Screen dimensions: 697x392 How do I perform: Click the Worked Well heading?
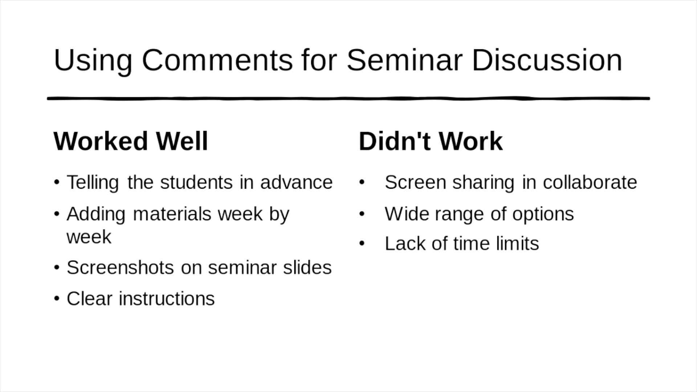click(x=131, y=141)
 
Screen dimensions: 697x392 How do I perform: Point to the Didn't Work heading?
click(x=431, y=141)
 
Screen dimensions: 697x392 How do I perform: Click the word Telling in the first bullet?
click(x=93, y=183)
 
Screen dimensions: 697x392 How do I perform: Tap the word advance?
click(x=296, y=182)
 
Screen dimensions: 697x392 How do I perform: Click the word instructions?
click(x=167, y=299)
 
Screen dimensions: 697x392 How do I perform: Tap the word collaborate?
click(x=590, y=182)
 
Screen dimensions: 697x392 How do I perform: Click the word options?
click(x=543, y=214)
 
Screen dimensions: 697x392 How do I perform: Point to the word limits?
click(x=517, y=243)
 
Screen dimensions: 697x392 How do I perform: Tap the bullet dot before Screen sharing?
click(x=362, y=183)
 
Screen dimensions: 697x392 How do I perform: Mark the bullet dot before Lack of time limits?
click(x=362, y=244)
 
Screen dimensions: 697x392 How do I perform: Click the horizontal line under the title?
click(x=348, y=98)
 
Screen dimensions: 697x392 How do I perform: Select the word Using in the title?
click(x=93, y=61)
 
